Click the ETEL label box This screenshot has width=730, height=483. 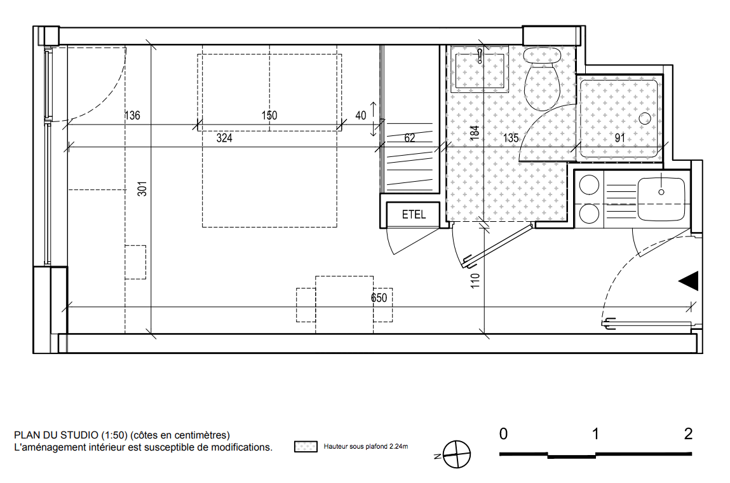click(x=414, y=214)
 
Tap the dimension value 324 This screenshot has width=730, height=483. click(x=224, y=139)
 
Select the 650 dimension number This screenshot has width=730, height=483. click(x=379, y=298)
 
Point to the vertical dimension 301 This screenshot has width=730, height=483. click(x=142, y=189)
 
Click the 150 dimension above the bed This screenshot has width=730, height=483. click(x=269, y=115)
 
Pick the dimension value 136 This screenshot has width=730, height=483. click(x=132, y=115)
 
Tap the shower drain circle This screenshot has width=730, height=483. click(x=645, y=118)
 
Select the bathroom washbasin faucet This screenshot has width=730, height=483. click(x=480, y=57)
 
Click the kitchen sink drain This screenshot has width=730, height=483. click(x=661, y=192)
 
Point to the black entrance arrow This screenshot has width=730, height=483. click(x=689, y=281)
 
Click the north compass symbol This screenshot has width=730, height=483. click(x=456, y=454)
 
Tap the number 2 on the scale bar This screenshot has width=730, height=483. click(x=688, y=434)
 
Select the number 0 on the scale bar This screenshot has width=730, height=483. click(x=503, y=434)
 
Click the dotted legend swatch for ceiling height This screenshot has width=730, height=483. click(x=306, y=447)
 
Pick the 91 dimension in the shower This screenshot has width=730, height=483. click(x=619, y=138)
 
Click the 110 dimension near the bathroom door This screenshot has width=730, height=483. click(x=475, y=280)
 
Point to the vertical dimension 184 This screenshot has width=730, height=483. click(x=475, y=133)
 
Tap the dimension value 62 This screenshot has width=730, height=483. click(x=410, y=138)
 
